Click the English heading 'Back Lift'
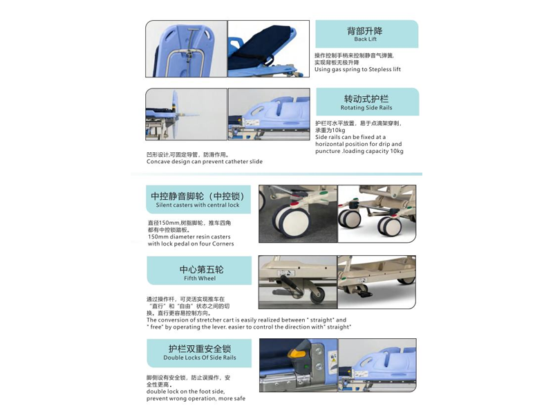click(366, 39)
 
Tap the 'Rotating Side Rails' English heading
click(366, 108)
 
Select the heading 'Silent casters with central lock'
click(198, 205)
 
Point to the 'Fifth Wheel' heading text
click(200, 279)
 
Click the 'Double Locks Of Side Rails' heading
click(200, 358)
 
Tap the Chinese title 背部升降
click(365, 30)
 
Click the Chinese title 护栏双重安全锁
click(200, 348)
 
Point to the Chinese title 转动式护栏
click(366, 99)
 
